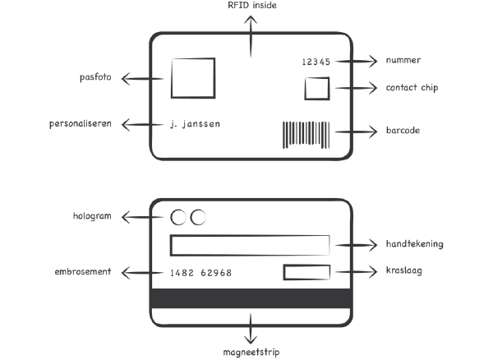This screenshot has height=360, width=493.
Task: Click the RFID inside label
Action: [x=252, y=6]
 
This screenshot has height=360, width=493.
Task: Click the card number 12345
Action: [x=316, y=62]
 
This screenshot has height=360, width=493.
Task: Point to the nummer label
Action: [x=403, y=62]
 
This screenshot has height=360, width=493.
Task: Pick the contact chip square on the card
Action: [x=316, y=88]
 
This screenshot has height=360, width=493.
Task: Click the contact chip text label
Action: [x=412, y=87]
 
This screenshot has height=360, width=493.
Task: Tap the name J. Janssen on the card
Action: [x=194, y=124]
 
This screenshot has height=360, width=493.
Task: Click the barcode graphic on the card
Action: [x=303, y=133]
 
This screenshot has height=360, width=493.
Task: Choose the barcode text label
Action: [x=403, y=130]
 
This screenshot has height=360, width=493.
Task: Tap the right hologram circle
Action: [x=197, y=217]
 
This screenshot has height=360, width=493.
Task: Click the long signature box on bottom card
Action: [x=249, y=245]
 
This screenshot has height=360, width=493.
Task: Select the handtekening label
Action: [x=415, y=244]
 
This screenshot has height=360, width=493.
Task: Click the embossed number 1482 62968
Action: [x=200, y=272]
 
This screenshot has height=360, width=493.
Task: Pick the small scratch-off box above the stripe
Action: [x=306, y=272]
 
